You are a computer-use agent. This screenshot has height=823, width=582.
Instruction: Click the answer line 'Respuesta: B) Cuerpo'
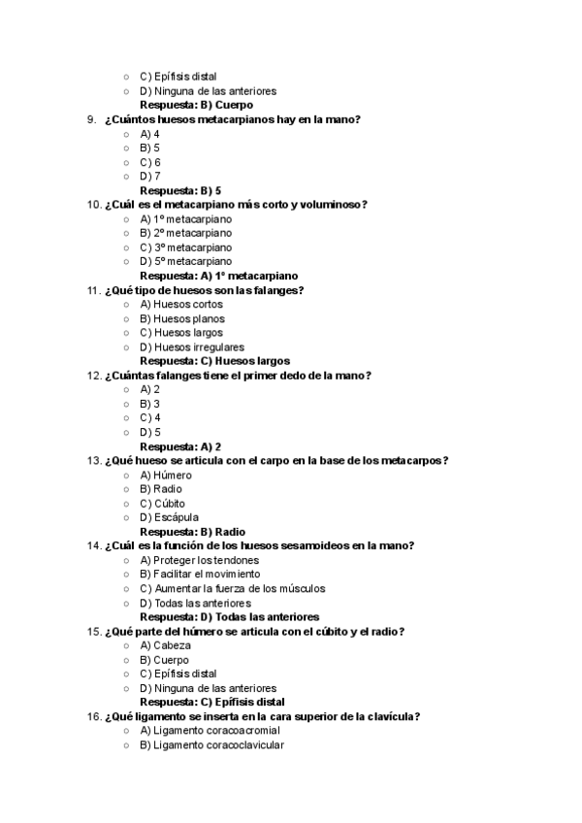(x=196, y=105)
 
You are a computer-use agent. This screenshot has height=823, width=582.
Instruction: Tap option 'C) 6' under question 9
(x=150, y=162)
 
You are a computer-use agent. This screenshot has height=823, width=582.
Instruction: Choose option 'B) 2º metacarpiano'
(x=185, y=233)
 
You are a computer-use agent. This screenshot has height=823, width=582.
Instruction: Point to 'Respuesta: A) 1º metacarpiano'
(x=218, y=276)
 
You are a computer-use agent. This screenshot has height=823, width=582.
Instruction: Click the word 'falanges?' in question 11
(x=278, y=290)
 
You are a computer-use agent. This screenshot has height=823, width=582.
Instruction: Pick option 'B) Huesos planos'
(x=181, y=318)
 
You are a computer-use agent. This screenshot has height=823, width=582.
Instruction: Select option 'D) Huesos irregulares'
(x=191, y=346)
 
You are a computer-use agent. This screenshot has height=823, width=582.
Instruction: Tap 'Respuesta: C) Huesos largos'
(x=214, y=361)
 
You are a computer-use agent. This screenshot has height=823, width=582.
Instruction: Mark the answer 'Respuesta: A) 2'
(x=180, y=446)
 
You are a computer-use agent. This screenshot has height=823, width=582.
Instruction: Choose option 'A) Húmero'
(x=166, y=476)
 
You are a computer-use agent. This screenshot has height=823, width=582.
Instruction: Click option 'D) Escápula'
(x=169, y=518)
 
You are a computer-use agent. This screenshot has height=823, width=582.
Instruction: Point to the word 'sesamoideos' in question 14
(x=319, y=546)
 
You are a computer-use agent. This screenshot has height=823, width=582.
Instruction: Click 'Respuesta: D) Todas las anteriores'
(x=229, y=617)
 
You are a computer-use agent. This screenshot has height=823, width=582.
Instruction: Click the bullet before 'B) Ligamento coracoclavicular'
(x=126, y=745)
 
